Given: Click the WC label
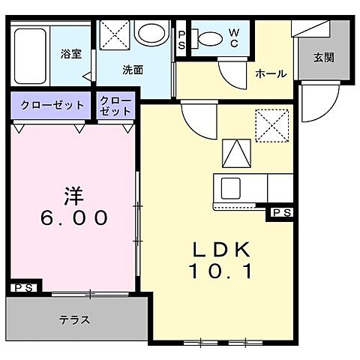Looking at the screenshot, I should [x=234, y=37].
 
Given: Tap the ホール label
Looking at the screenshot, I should [x=270, y=73].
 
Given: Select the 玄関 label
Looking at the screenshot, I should [x=324, y=57].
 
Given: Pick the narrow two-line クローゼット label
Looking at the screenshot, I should [x=115, y=106].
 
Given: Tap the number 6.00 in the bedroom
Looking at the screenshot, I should [x=73, y=218].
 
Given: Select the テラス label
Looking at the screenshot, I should [x=75, y=319].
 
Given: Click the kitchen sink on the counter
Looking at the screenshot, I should [x=229, y=186].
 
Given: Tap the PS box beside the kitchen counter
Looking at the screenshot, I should [x=281, y=214].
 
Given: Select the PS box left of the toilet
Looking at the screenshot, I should [x=181, y=39].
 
